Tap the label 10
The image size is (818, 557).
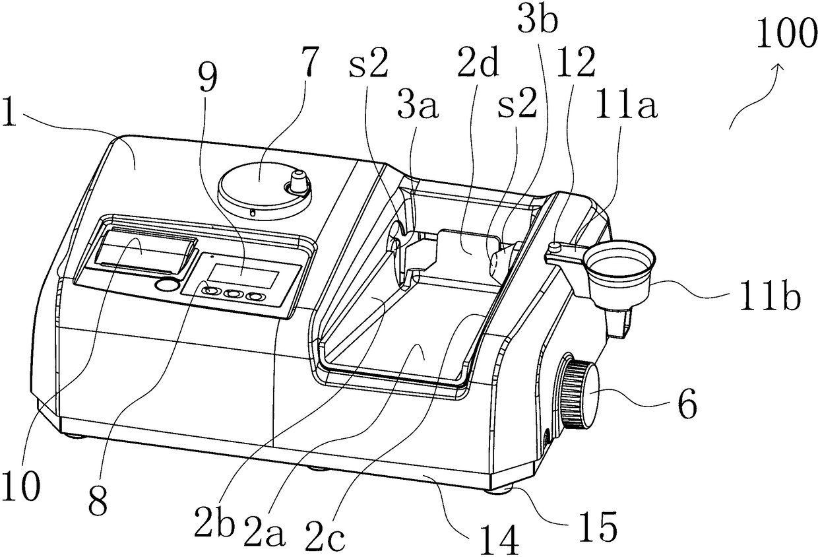[x=20, y=486]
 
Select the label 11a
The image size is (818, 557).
[x=627, y=105]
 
